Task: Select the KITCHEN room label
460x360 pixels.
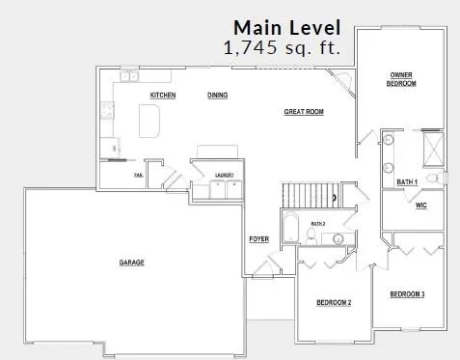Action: (162, 96)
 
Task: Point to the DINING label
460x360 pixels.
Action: (218, 96)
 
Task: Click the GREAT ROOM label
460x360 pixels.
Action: (303, 112)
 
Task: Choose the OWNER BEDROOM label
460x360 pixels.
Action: (402, 79)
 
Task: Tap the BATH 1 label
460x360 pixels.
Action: (406, 181)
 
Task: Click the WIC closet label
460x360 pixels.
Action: (420, 206)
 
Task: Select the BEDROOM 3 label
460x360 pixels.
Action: (407, 293)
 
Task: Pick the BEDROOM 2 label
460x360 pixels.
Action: (334, 303)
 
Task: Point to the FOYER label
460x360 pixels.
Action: (258, 238)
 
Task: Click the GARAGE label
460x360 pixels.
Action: (132, 263)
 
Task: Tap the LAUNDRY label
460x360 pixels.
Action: (227, 175)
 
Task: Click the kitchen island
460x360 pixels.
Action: (149, 120)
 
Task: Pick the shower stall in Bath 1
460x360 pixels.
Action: (432, 148)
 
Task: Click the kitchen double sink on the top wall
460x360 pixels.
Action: (128, 75)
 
